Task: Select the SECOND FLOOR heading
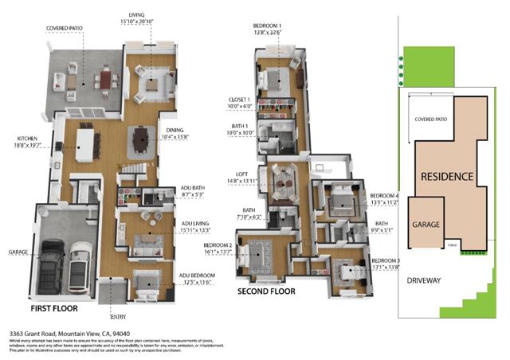tap(267, 292)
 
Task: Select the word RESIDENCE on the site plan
tap(447, 176)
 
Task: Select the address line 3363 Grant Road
tap(69, 334)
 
